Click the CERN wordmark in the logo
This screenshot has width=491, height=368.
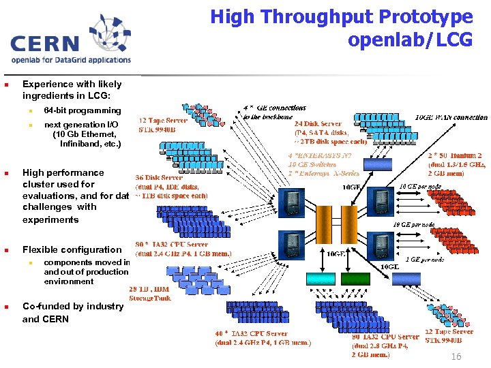46,43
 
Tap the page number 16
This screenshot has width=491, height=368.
456,357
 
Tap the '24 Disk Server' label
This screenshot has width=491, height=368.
318,124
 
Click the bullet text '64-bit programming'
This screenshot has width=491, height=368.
82,110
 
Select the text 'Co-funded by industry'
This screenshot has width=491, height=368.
73,306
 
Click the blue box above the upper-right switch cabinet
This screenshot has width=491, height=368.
378,165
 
